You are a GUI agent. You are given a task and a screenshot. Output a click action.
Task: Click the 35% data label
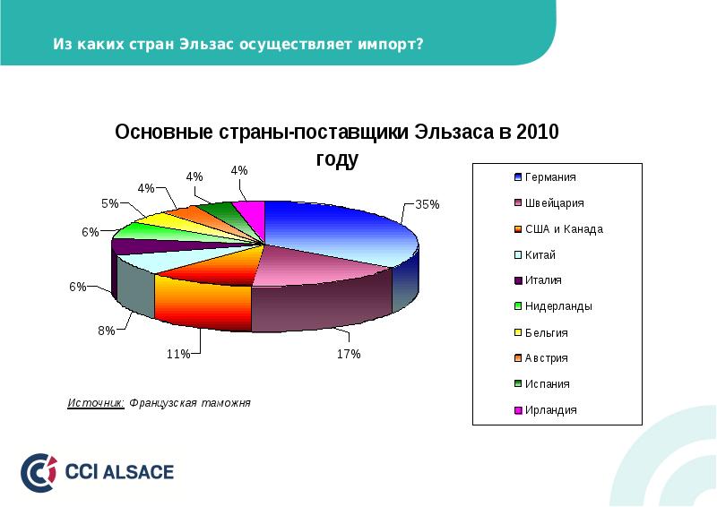coord(428,204)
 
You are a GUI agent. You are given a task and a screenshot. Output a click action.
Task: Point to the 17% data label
coord(349,354)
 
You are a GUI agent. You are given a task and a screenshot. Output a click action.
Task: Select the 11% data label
coord(177,354)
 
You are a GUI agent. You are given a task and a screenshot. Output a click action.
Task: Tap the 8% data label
coord(106,331)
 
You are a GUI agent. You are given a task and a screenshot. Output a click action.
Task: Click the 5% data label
coord(109,203)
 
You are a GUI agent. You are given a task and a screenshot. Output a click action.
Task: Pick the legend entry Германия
coord(549,177)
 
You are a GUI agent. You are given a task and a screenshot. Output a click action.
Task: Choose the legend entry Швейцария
coord(554,203)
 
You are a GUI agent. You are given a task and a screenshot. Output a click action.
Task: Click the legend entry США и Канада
coord(563,229)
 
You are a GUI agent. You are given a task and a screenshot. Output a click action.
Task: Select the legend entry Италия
coord(543,280)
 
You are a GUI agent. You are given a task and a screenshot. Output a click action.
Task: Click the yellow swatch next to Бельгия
coord(518,332)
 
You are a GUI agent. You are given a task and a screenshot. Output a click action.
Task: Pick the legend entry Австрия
coord(546,358)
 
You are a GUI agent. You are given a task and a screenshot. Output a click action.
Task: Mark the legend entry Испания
coord(547,384)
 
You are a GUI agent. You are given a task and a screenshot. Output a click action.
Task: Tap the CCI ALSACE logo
coord(98,472)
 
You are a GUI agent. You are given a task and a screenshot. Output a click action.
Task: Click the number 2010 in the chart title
coord(535,133)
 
